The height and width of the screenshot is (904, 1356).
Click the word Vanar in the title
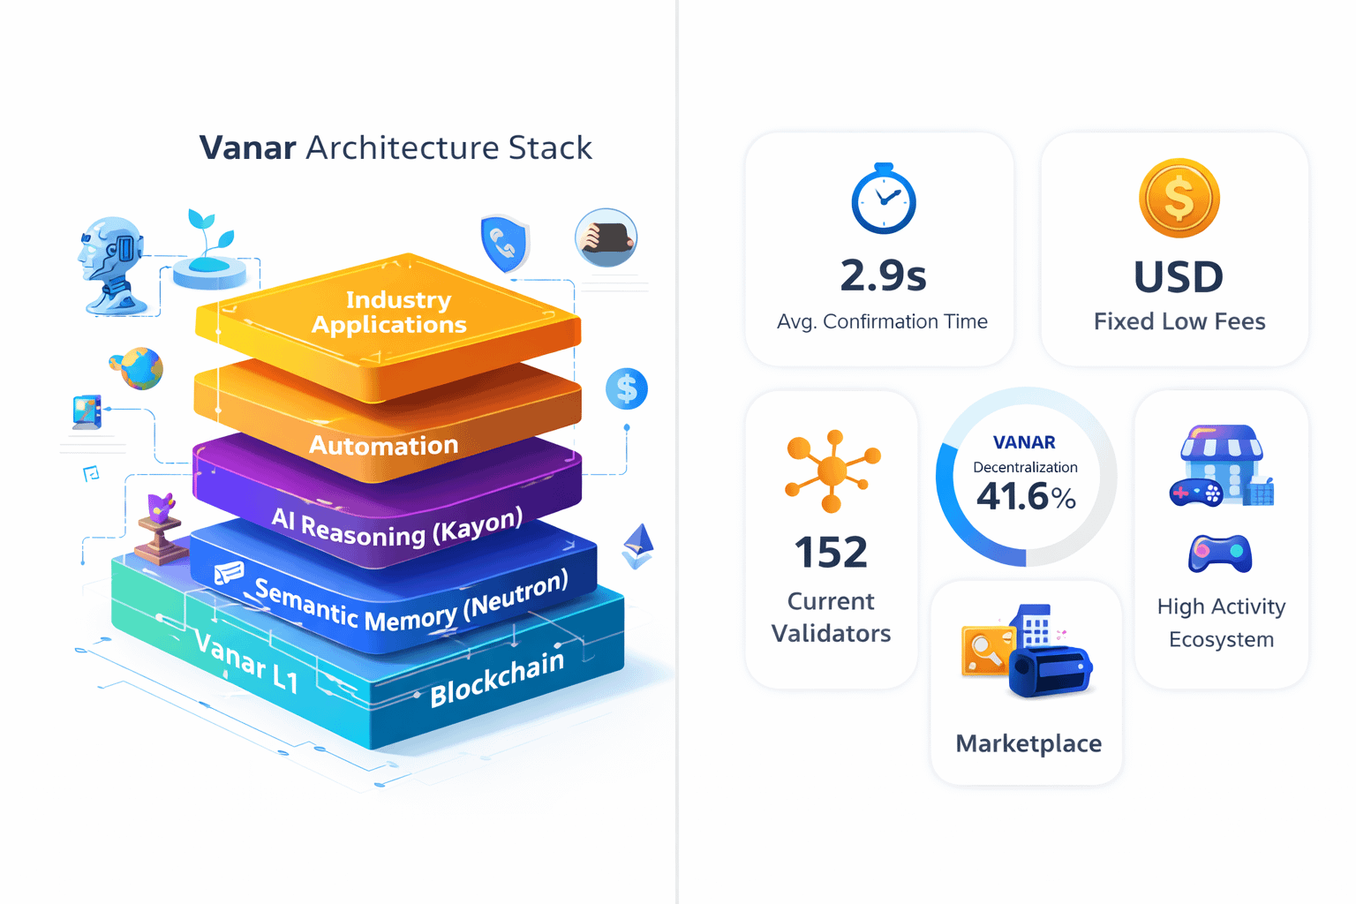[x=247, y=147]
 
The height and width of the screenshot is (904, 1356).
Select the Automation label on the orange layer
[x=383, y=445]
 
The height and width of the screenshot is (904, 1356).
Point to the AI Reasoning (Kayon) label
[x=396, y=527]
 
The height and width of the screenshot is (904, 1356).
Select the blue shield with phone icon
[x=504, y=242]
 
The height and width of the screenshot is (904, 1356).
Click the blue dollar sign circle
[x=627, y=388]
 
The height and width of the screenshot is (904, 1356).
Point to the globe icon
[x=138, y=367]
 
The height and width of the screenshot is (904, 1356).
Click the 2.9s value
[x=883, y=275]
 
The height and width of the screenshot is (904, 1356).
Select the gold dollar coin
[x=1179, y=198]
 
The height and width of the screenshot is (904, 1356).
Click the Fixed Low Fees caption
[x=1179, y=321]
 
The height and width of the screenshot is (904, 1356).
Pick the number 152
[x=831, y=553]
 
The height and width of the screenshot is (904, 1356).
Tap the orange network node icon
[x=832, y=471]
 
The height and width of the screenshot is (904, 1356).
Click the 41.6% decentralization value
[x=1026, y=497]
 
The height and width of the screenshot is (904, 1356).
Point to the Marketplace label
[x=1028, y=743]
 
